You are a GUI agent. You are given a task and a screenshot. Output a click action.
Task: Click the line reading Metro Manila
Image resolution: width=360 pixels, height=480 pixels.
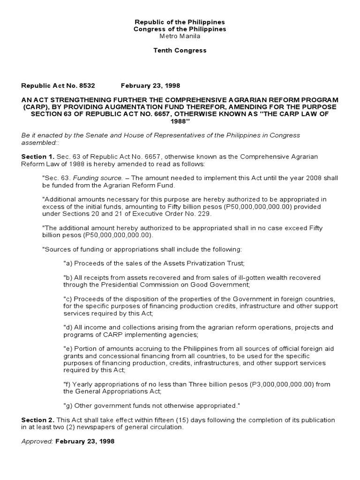pyautogui.click(x=180, y=36)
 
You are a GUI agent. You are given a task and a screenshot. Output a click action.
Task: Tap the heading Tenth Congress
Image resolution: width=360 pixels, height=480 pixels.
pyautogui.click(x=180, y=51)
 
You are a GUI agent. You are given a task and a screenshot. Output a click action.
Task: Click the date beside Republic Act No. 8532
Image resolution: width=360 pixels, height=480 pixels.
pyautogui.click(x=150, y=86)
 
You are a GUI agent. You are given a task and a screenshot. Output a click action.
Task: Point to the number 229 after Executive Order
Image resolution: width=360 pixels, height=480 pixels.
pyautogui.click(x=204, y=214)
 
